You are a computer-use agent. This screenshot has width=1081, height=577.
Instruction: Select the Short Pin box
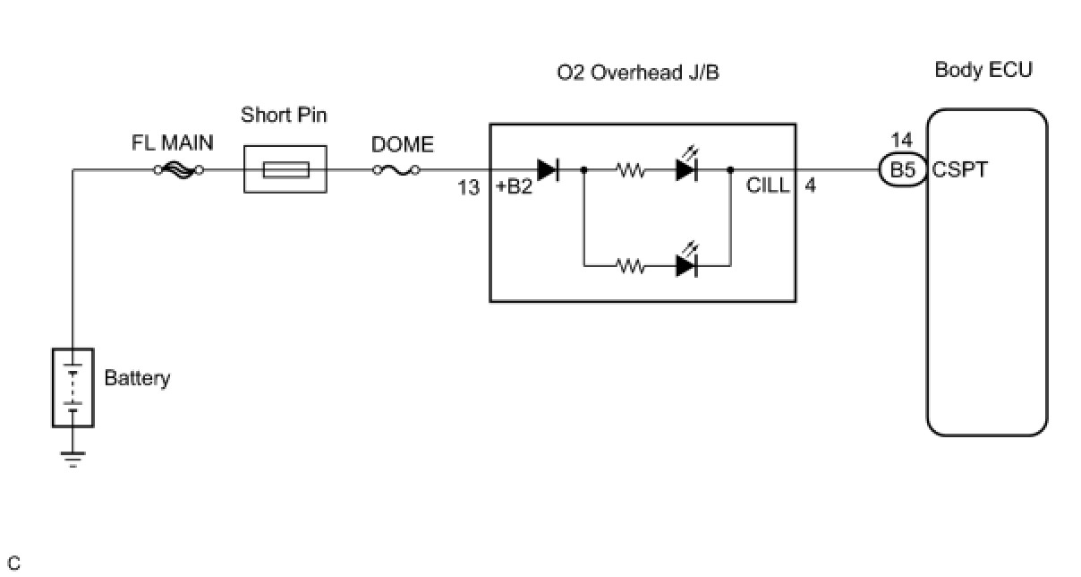pos(285,169)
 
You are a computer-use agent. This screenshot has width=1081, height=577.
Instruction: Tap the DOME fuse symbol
pos(396,169)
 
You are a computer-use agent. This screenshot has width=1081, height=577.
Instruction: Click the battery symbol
pos(72,387)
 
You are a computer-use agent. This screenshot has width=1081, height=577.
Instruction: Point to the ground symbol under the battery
pos(72,459)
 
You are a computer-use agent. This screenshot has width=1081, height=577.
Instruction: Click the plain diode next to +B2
pos(548,169)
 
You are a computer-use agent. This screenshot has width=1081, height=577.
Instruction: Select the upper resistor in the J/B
pos(630,169)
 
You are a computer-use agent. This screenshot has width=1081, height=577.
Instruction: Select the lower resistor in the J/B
pos(630,266)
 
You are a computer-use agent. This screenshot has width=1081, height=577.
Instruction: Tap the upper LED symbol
pos(686,168)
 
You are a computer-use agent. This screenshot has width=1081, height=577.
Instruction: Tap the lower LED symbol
pos(686,264)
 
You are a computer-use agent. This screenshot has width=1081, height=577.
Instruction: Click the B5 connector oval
pos(904,169)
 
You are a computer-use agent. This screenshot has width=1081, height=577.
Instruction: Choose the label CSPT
pos(960,169)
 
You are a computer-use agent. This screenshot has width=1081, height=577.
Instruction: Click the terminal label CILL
pos(768,186)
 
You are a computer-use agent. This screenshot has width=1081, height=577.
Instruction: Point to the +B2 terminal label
pos(514,187)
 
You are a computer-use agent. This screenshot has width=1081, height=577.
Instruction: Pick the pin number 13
pos(468,187)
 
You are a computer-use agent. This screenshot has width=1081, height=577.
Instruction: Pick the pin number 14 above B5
pos(902,141)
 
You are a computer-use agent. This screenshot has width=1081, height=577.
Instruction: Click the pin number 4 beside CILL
pos(810,186)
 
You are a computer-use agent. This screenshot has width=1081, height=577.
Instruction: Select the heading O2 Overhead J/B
pos(638,73)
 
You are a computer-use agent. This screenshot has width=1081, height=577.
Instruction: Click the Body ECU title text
pos(983,70)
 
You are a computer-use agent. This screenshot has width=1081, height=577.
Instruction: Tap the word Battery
pos(137,378)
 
